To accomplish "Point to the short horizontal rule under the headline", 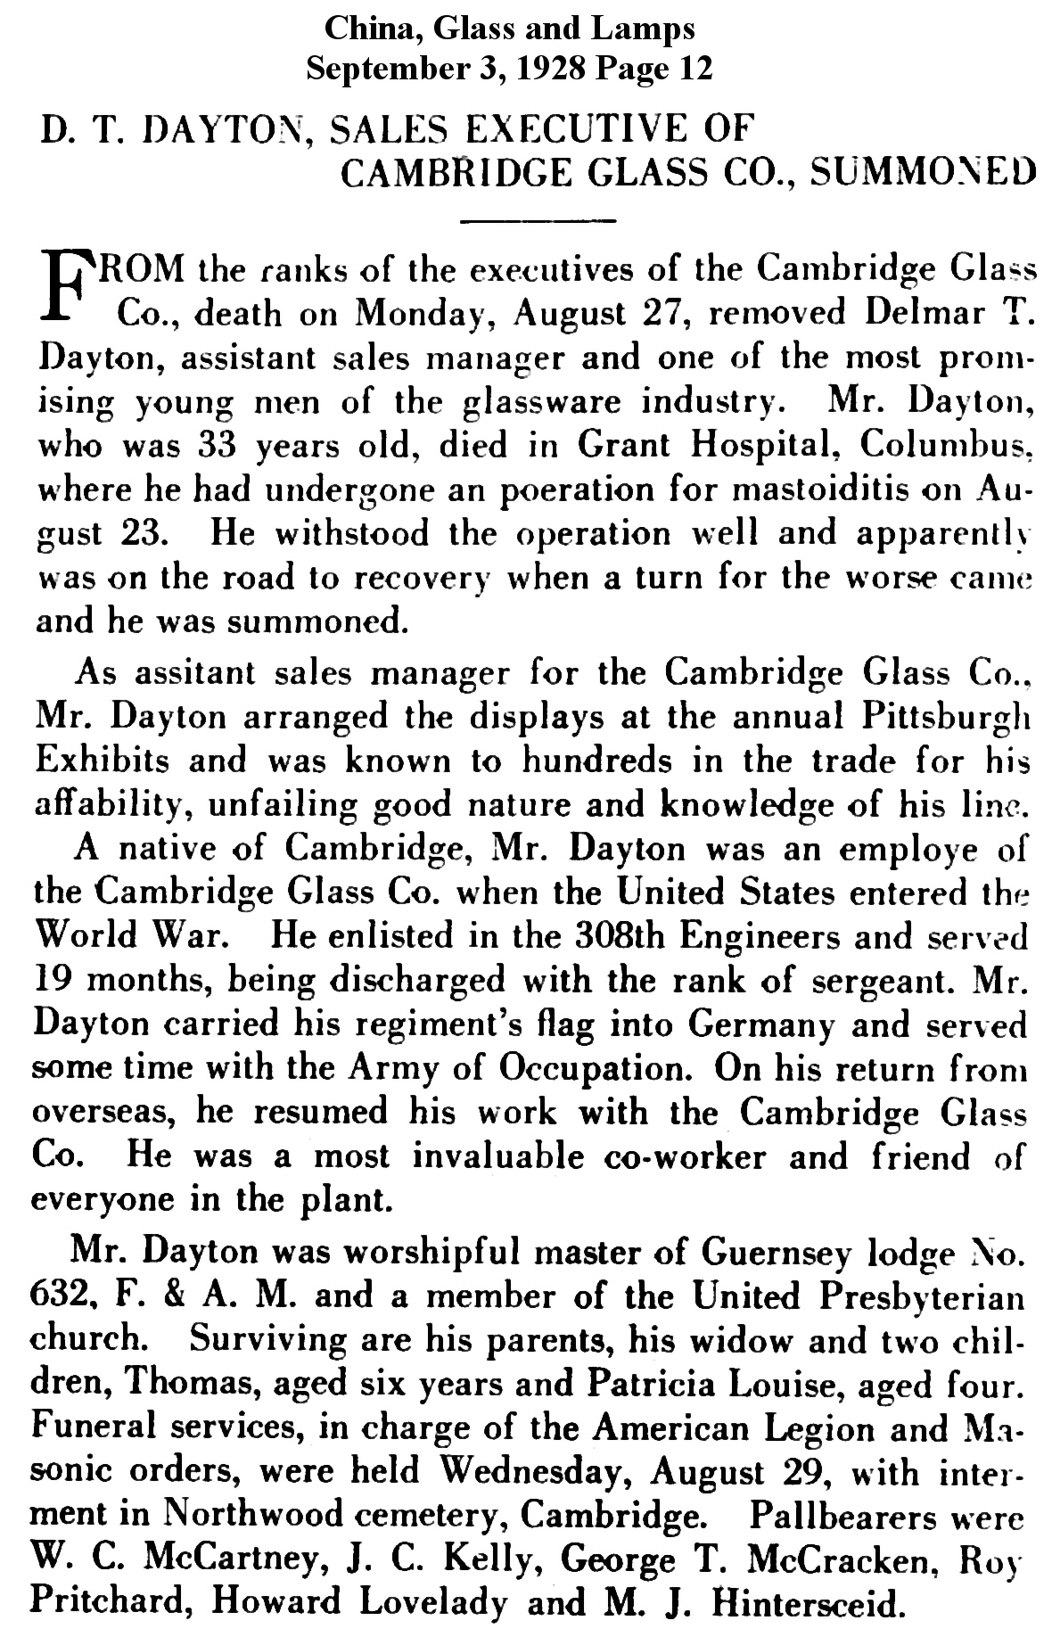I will pyautogui.click(x=538, y=218).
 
